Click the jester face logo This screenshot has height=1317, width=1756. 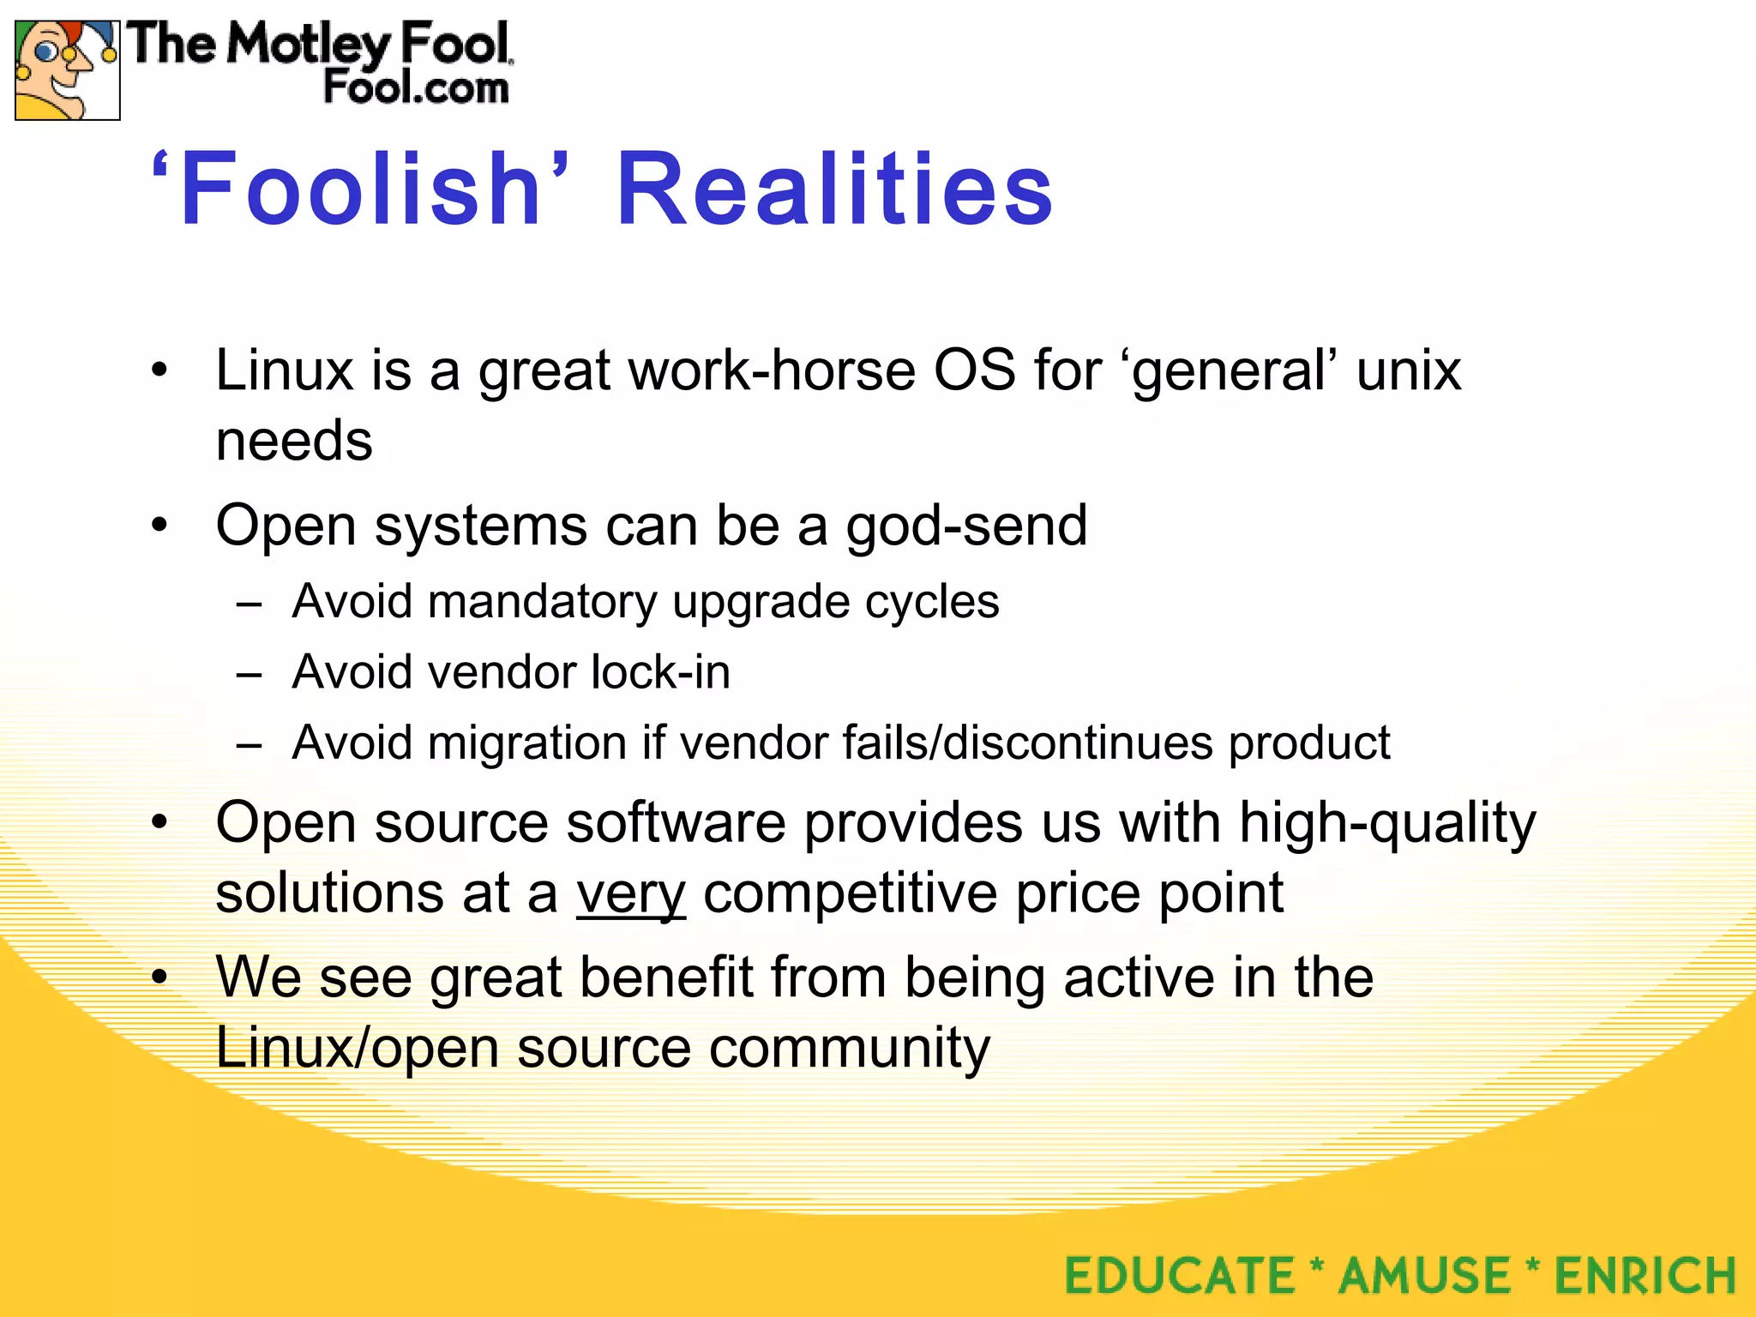[67, 70]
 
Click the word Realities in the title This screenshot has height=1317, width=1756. [834, 189]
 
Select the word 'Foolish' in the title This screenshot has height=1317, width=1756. [361, 189]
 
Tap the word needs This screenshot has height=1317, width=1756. [294, 441]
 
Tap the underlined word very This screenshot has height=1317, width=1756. [630, 893]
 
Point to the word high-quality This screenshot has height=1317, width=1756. [1387, 823]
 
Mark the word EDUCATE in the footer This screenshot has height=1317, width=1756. [1180, 1275]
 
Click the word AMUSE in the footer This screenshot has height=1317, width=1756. [1424, 1275]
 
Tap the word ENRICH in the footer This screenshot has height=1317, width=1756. [1645, 1275]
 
